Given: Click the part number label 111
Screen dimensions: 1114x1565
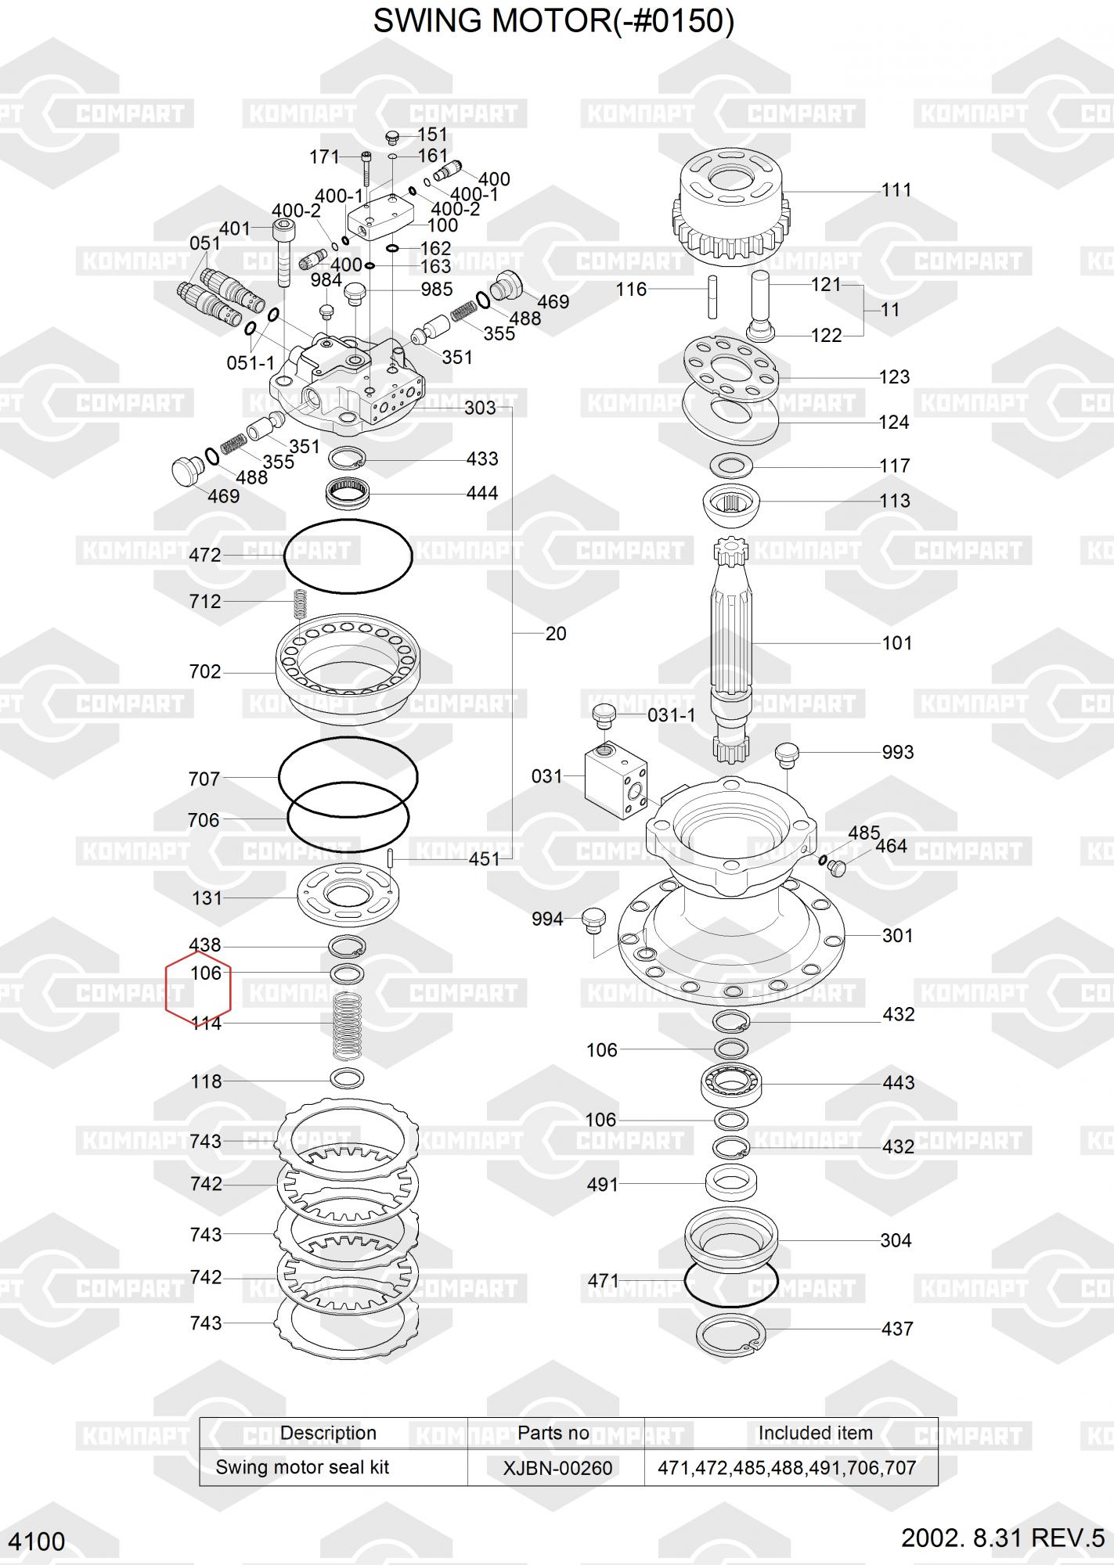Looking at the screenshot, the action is coord(896,190).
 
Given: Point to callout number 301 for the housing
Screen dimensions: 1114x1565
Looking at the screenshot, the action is coord(897,935).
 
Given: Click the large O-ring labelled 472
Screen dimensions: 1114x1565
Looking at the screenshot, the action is coord(285,557).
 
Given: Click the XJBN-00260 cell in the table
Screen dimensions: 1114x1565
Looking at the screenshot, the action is coord(557,1468).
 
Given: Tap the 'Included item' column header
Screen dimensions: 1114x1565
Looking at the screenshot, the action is coord(815,1433).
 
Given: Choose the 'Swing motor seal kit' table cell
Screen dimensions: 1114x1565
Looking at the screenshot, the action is coord(302,1467).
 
